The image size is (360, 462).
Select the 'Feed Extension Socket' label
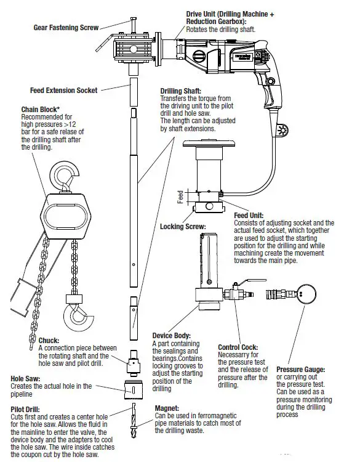(63, 90)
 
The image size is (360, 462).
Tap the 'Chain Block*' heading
(41, 110)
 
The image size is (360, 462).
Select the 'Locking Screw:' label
(182, 227)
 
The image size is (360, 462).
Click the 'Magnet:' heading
(167, 408)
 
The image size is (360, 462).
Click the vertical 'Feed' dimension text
(180, 197)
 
